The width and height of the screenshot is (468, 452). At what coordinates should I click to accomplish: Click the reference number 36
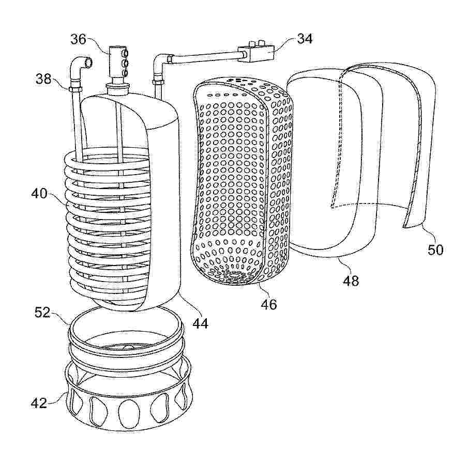[x=78, y=40]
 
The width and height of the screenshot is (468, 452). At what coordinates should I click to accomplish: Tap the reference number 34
[x=305, y=39]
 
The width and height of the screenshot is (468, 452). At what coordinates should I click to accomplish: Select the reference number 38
[x=43, y=80]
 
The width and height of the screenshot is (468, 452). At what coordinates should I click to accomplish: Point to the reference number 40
[x=39, y=194]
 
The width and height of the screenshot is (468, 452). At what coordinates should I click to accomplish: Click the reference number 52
[x=42, y=313]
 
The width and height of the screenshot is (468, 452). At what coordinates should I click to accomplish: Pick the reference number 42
[x=39, y=403]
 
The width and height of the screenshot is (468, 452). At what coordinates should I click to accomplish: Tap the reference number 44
[x=200, y=323]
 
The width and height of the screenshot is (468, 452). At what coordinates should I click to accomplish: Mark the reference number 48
[x=351, y=281]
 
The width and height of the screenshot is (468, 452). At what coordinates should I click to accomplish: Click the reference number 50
[x=435, y=250]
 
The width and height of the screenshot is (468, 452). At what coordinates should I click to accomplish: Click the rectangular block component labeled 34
[x=256, y=53]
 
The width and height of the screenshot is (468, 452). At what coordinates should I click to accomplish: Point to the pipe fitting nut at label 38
[x=75, y=89]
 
